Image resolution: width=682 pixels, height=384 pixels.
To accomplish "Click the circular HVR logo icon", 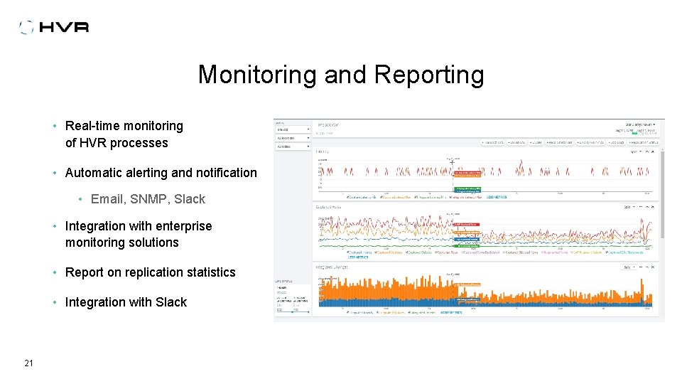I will (x=26, y=28).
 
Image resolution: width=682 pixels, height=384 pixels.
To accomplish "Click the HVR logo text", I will (x=65, y=28).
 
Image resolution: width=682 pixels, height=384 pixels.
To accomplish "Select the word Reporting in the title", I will (x=429, y=75).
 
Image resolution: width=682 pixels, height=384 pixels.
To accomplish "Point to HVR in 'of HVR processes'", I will (x=94, y=143).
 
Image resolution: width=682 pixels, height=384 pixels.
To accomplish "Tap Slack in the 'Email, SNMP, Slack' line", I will (x=190, y=199).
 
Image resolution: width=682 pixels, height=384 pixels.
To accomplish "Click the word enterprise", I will (x=181, y=226).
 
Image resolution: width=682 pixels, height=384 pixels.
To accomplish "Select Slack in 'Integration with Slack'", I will (x=171, y=302).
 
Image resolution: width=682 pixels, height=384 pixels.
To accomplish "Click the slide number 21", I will (x=28, y=363).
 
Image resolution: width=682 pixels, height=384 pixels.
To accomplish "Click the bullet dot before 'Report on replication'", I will (x=55, y=272).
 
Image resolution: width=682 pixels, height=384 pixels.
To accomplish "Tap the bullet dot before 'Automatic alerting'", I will (x=55, y=173).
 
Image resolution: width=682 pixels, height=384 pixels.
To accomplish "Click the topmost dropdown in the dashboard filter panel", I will (x=293, y=129).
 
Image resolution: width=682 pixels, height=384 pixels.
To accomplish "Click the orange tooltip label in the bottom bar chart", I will (x=467, y=284).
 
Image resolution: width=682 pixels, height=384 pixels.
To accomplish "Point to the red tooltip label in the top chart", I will (x=467, y=173).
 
